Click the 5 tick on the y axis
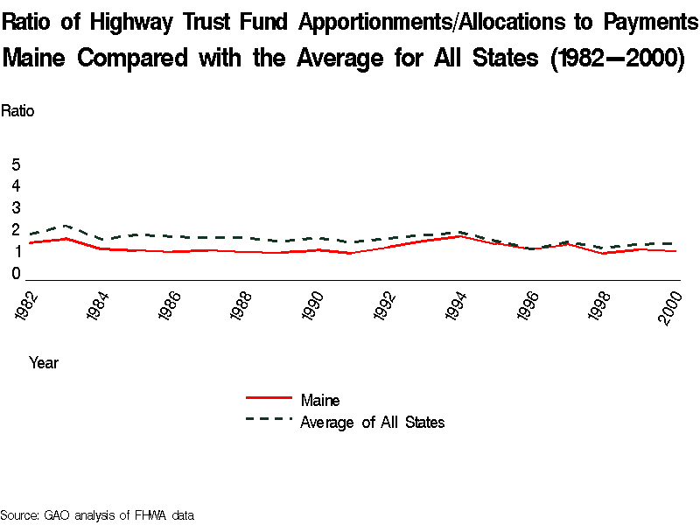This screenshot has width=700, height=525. pyautogui.click(x=16, y=164)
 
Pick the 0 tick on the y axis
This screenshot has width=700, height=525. pyautogui.click(x=16, y=274)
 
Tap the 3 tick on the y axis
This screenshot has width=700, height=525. pyautogui.click(x=16, y=207)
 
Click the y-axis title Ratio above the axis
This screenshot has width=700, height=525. pyautogui.click(x=17, y=111)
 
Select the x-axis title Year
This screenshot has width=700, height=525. pyautogui.click(x=44, y=361)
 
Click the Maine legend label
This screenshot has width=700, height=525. pyautogui.click(x=319, y=401)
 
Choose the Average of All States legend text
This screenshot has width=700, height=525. pyautogui.click(x=372, y=423)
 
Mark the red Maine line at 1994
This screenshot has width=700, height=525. pyautogui.click(x=460, y=236)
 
